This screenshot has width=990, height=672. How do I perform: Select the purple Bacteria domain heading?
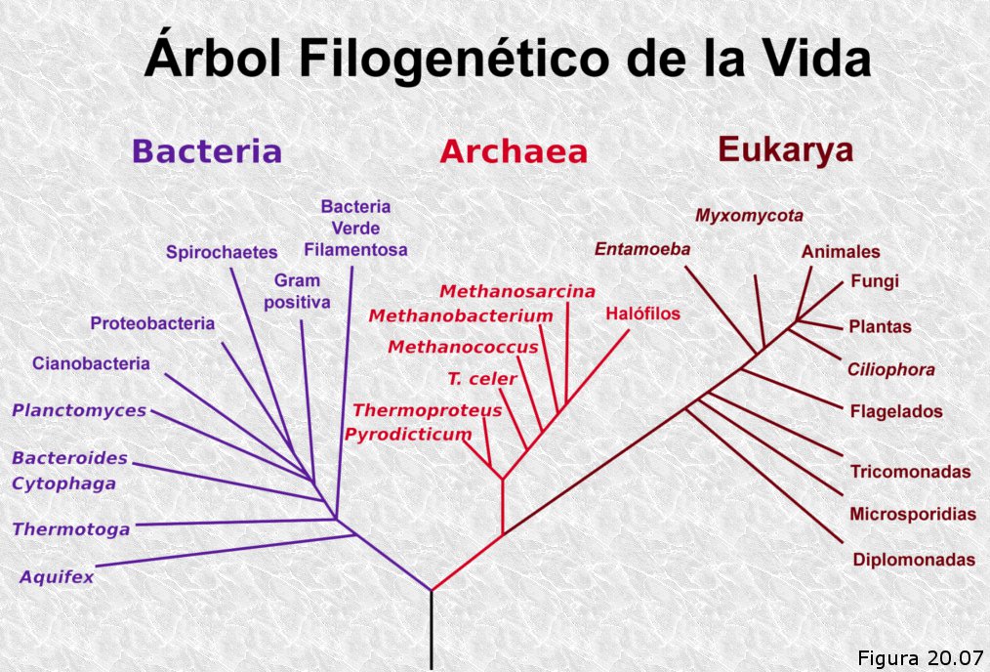[x=207, y=151]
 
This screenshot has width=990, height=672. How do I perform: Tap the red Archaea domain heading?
[x=514, y=151]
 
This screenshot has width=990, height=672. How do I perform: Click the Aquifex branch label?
[x=57, y=576]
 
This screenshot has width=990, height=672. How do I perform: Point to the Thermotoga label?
[x=71, y=529]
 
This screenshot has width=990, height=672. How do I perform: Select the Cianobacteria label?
[x=91, y=363]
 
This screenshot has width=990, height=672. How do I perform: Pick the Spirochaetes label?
[x=222, y=253]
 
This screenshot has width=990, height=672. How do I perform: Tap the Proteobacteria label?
[x=152, y=323]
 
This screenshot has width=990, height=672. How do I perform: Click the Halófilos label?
[x=642, y=314]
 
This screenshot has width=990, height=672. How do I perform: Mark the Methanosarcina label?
[x=517, y=291]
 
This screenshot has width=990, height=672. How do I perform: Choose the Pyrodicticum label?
[x=408, y=436]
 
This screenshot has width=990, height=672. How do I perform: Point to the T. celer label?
[x=482, y=379]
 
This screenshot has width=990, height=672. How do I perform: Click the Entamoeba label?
[x=642, y=249]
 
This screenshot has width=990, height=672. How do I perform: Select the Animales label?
[x=841, y=251]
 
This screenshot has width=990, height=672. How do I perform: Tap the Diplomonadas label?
[x=914, y=560]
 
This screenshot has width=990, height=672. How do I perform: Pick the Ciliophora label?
[x=890, y=369]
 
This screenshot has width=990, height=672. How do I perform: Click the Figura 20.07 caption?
[x=921, y=657]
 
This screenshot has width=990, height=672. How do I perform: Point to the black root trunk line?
[x=432, y=630]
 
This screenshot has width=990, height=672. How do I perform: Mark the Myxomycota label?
[x=749, y=216]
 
